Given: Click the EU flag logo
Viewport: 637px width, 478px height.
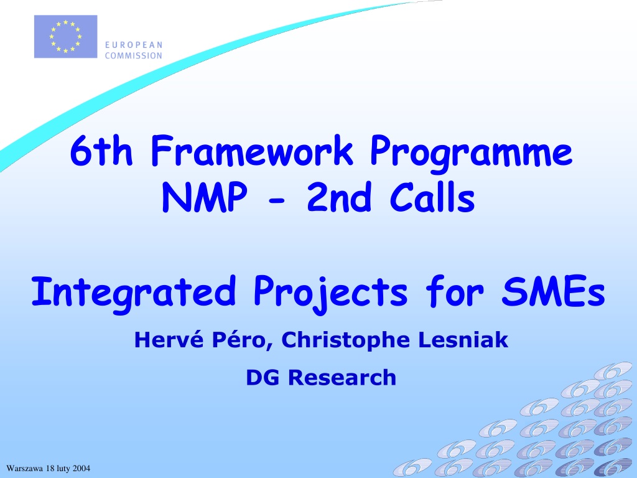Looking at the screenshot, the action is point(65,37).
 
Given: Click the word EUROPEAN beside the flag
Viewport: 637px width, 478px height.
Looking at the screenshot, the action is point(134,45).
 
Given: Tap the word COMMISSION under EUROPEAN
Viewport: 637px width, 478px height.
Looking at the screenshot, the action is point(134,55).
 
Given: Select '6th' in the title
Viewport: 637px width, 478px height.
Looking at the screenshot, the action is point(101,151).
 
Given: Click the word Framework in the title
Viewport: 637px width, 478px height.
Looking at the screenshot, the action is point(252,151).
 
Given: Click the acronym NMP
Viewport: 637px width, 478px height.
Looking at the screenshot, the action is point(204,197).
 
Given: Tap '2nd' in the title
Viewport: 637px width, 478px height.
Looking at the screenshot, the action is point(339,197).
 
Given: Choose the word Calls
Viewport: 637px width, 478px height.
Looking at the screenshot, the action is point(432,197).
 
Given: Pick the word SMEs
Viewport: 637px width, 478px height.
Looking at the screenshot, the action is point(553,291).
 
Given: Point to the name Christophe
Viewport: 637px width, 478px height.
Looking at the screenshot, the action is point(345,340).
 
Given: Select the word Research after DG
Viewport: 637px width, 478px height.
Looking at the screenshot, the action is point(342,378).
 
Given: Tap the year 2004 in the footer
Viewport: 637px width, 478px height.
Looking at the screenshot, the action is point(81,468).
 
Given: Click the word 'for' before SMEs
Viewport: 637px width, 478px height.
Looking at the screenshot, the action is point(454,291).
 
